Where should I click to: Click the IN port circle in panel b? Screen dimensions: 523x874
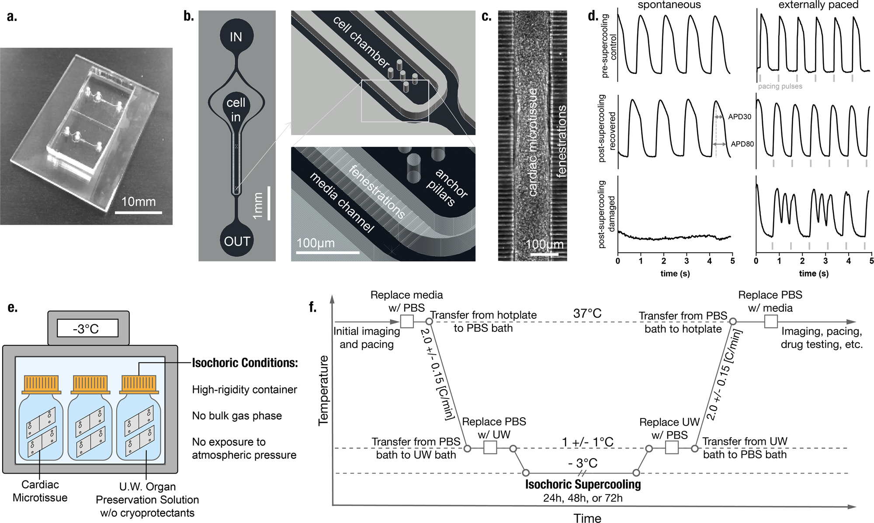(236, 37)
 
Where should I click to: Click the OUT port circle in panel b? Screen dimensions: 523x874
(237, 241)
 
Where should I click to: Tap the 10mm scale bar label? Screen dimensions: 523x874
(139, 202)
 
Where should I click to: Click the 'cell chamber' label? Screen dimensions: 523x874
(361, 42)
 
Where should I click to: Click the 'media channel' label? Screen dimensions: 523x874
(342, 202)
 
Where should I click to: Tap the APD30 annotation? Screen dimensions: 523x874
(739, 117)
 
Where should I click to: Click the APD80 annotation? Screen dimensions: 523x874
(742, 144)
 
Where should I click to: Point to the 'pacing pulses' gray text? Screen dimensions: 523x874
(780, 86)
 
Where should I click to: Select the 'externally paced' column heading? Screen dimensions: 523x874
(818, 5)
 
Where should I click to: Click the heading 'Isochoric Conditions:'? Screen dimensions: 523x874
(245, 363)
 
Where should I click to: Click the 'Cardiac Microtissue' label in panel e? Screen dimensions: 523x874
(40, 491)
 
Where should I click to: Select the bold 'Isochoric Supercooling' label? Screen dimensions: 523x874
(583, 484)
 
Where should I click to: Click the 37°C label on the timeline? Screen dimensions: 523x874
(587, 313)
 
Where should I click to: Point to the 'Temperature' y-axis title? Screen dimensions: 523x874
(323, 390)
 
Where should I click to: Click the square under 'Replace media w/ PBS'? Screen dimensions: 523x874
(407, 322)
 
